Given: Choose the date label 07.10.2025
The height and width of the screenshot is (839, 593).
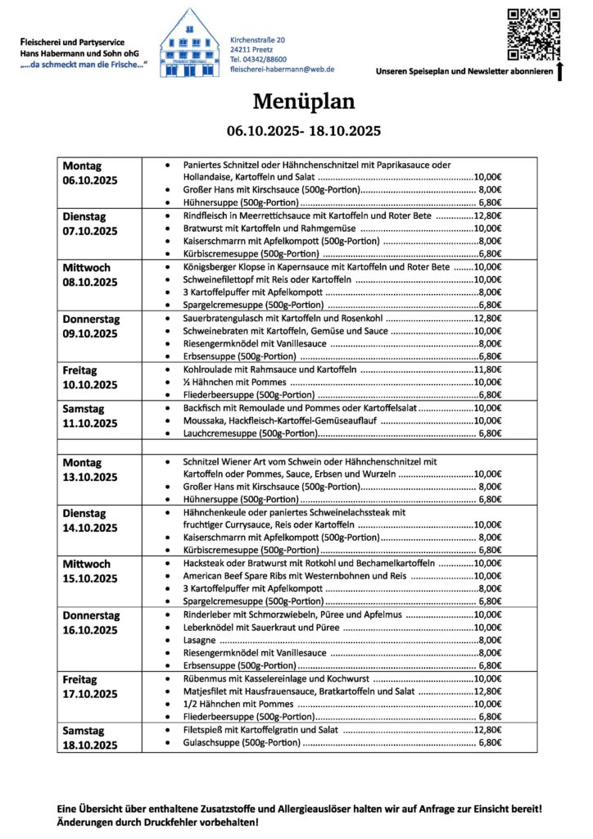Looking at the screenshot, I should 90,231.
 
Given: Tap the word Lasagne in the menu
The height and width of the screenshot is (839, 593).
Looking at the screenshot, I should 201,640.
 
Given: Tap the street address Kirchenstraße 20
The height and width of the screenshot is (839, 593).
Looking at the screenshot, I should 258,39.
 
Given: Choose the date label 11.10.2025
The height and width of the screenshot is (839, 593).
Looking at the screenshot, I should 90,423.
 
